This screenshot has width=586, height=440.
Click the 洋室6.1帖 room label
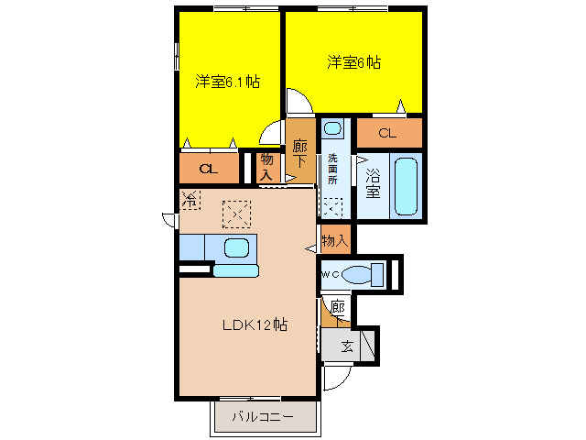227,82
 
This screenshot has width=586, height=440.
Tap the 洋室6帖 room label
354,63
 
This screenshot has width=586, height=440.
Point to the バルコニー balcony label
262,417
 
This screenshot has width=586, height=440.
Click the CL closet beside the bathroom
387,134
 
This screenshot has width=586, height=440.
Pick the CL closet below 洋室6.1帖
208,169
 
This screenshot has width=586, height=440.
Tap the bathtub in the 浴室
406,185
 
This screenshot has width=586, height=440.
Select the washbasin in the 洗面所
332,128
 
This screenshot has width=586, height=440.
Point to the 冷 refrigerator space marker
190,198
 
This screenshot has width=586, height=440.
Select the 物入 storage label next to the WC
334,240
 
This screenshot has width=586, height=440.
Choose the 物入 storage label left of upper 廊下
266,167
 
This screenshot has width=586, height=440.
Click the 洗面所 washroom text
332,168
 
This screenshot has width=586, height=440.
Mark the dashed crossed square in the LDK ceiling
236,214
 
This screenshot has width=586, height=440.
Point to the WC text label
330,274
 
